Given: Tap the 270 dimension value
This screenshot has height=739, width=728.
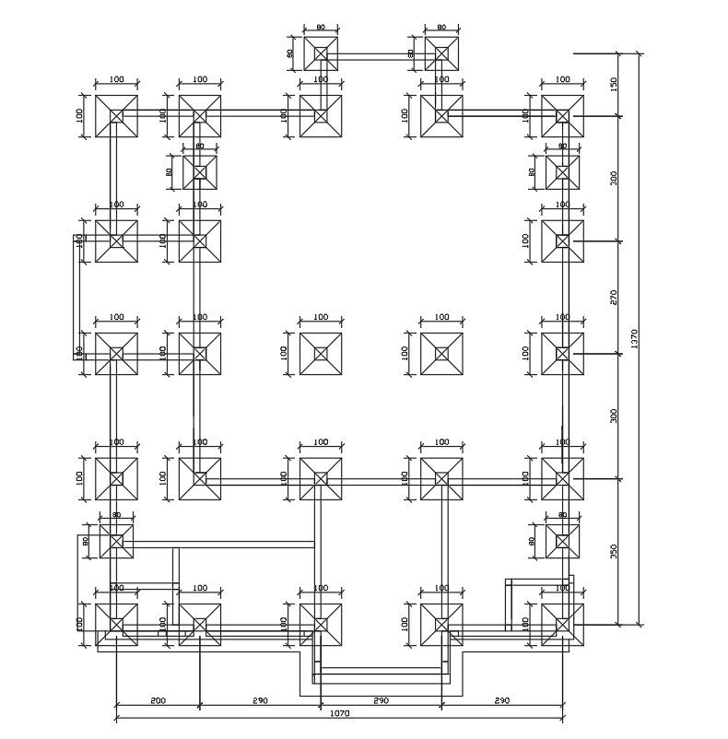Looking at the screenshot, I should point(614,297).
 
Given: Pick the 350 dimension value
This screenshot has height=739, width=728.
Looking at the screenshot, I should point(614,551).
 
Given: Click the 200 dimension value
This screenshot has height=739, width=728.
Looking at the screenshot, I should point(157,701).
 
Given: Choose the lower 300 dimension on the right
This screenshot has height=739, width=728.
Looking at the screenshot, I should point(614,416).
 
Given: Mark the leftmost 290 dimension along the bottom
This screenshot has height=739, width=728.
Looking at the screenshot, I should point(260,701).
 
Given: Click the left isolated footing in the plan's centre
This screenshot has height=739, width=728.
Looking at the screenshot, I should point(321,354).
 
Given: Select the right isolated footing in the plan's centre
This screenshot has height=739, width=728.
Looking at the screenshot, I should point(441,354).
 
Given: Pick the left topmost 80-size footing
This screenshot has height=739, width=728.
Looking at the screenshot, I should point(321,53).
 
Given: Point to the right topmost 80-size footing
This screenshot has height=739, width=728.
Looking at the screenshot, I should point(441,53).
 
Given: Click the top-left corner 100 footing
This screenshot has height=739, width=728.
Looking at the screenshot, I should point(116,116).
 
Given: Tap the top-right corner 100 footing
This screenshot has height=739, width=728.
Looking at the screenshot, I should point(562,116).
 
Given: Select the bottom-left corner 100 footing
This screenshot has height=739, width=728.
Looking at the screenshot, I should point(116,625).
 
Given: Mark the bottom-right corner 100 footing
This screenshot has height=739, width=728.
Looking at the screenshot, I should point(562,625).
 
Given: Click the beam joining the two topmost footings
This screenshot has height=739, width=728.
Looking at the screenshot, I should point(381,58).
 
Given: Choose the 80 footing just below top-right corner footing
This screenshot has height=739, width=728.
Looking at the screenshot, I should point(562,172).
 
